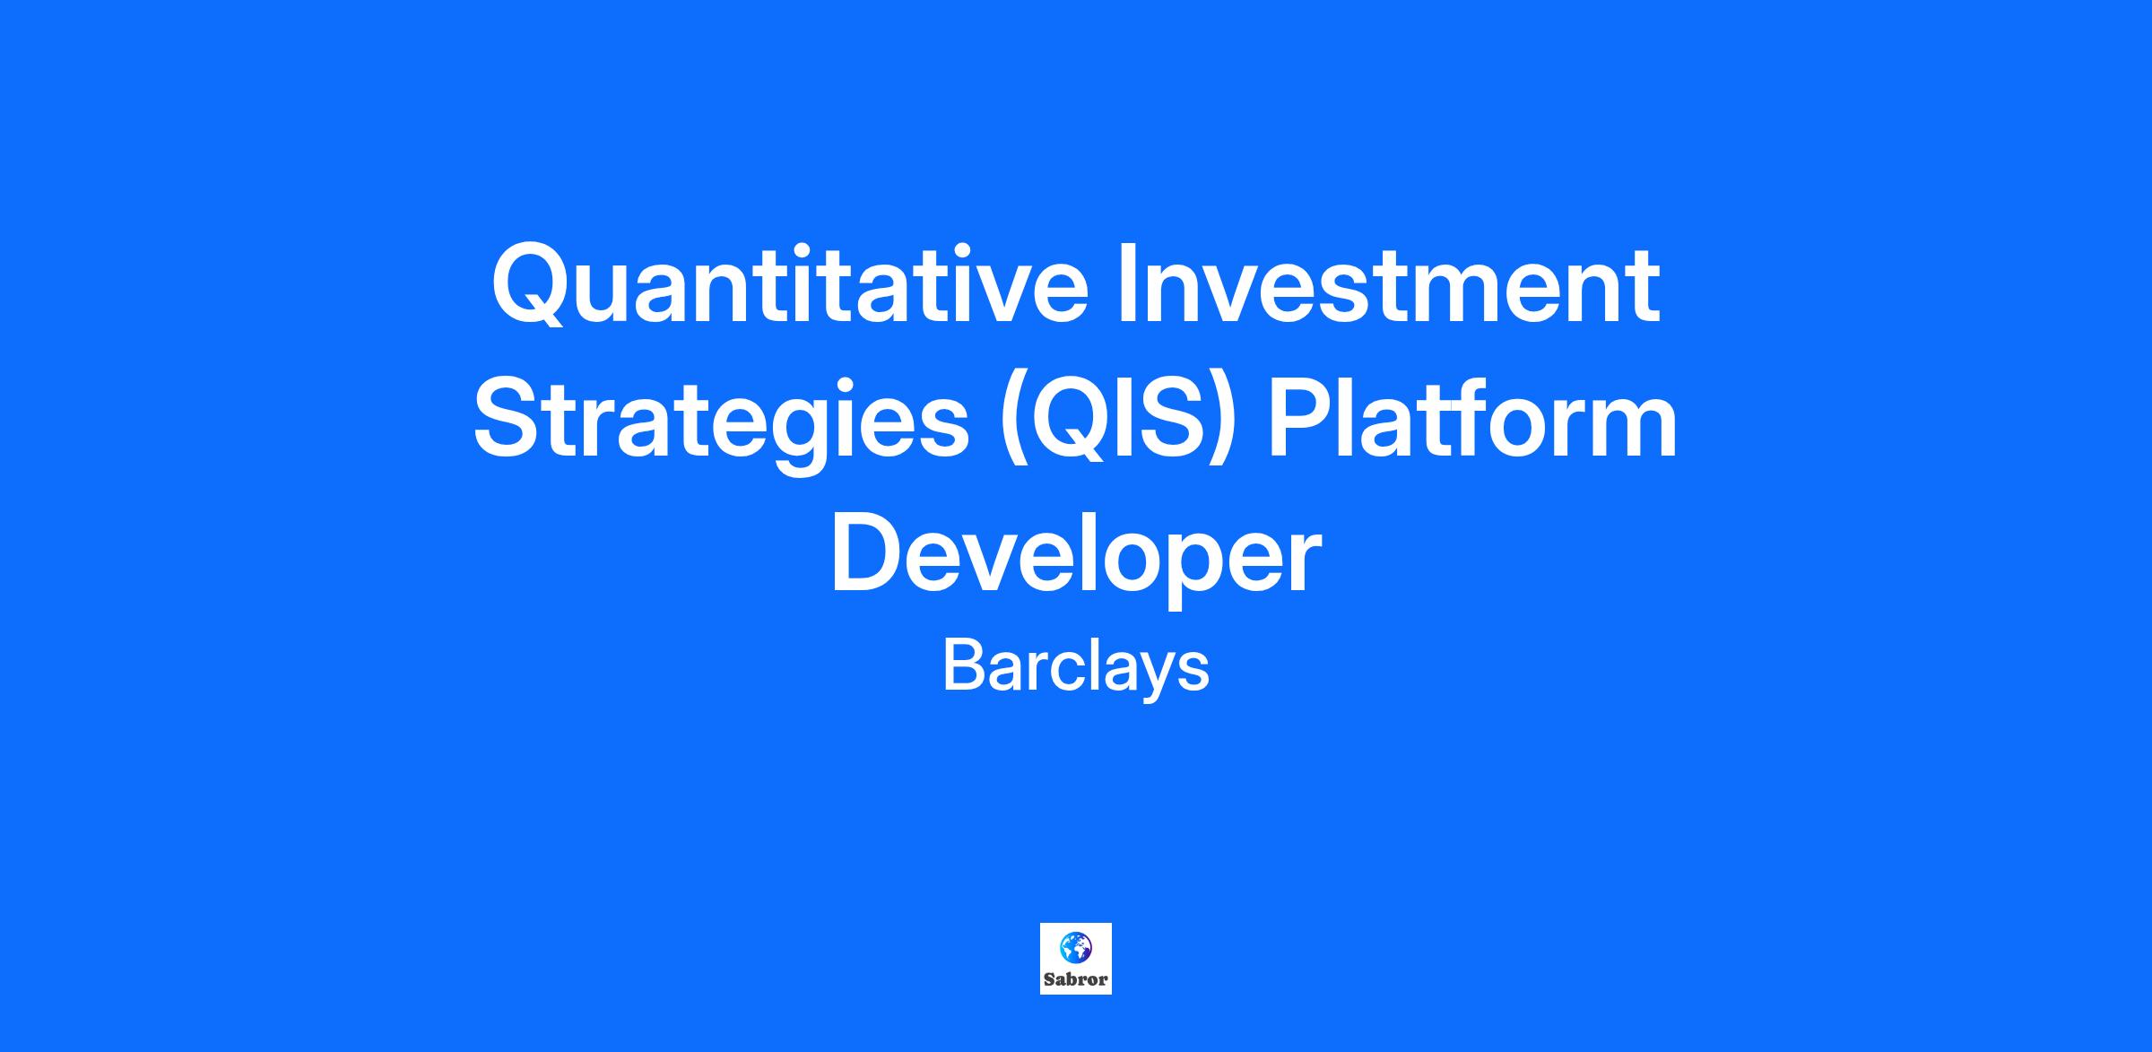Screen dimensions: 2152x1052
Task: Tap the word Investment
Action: (x=1388, y=283)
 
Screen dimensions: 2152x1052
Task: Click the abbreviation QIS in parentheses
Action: (x=1118, y=419)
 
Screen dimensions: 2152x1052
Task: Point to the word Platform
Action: (x=1472, y=418)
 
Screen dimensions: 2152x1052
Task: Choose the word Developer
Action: (x=1076, y=556)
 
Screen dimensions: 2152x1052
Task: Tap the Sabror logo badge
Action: (x=1076, y=959)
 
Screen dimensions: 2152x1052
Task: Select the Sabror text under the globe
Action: (x=1076, y=979)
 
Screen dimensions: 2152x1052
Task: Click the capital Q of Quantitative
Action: (x=533, y=284)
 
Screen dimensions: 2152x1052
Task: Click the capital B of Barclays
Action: (x=964, y=665)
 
